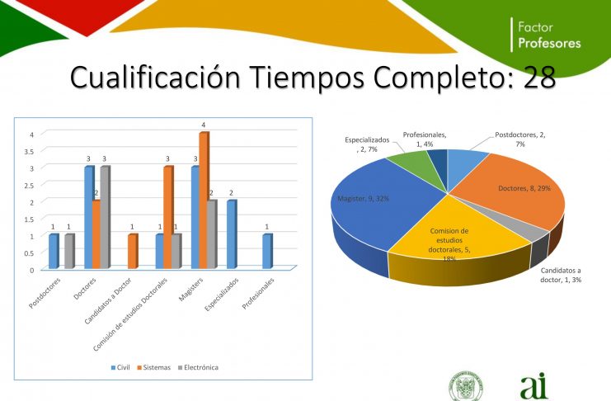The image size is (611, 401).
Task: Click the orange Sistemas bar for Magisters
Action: point(204,200)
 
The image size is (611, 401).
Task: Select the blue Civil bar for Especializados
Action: point(232,234)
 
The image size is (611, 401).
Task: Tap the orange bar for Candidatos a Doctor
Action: point(133,251)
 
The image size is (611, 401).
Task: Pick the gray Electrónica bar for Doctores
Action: point(106,217)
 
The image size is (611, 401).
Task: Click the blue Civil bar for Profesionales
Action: point(268,251)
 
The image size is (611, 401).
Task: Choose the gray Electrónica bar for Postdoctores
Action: point(70,251)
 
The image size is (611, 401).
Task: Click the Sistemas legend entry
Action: point(154,367)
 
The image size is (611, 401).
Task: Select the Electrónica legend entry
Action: point(198,367)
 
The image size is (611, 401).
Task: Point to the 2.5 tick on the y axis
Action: point(30,185)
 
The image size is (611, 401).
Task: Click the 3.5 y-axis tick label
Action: point(30,151)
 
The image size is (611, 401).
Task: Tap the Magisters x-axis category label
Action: point(191,290)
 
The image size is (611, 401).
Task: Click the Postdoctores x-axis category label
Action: point(45,294)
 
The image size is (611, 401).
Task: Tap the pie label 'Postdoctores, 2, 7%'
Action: point(520,139)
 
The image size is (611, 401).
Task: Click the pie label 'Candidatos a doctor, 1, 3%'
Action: point(561,275)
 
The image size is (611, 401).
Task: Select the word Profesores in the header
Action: point(549,43)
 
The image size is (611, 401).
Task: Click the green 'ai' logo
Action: point(533,386)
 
